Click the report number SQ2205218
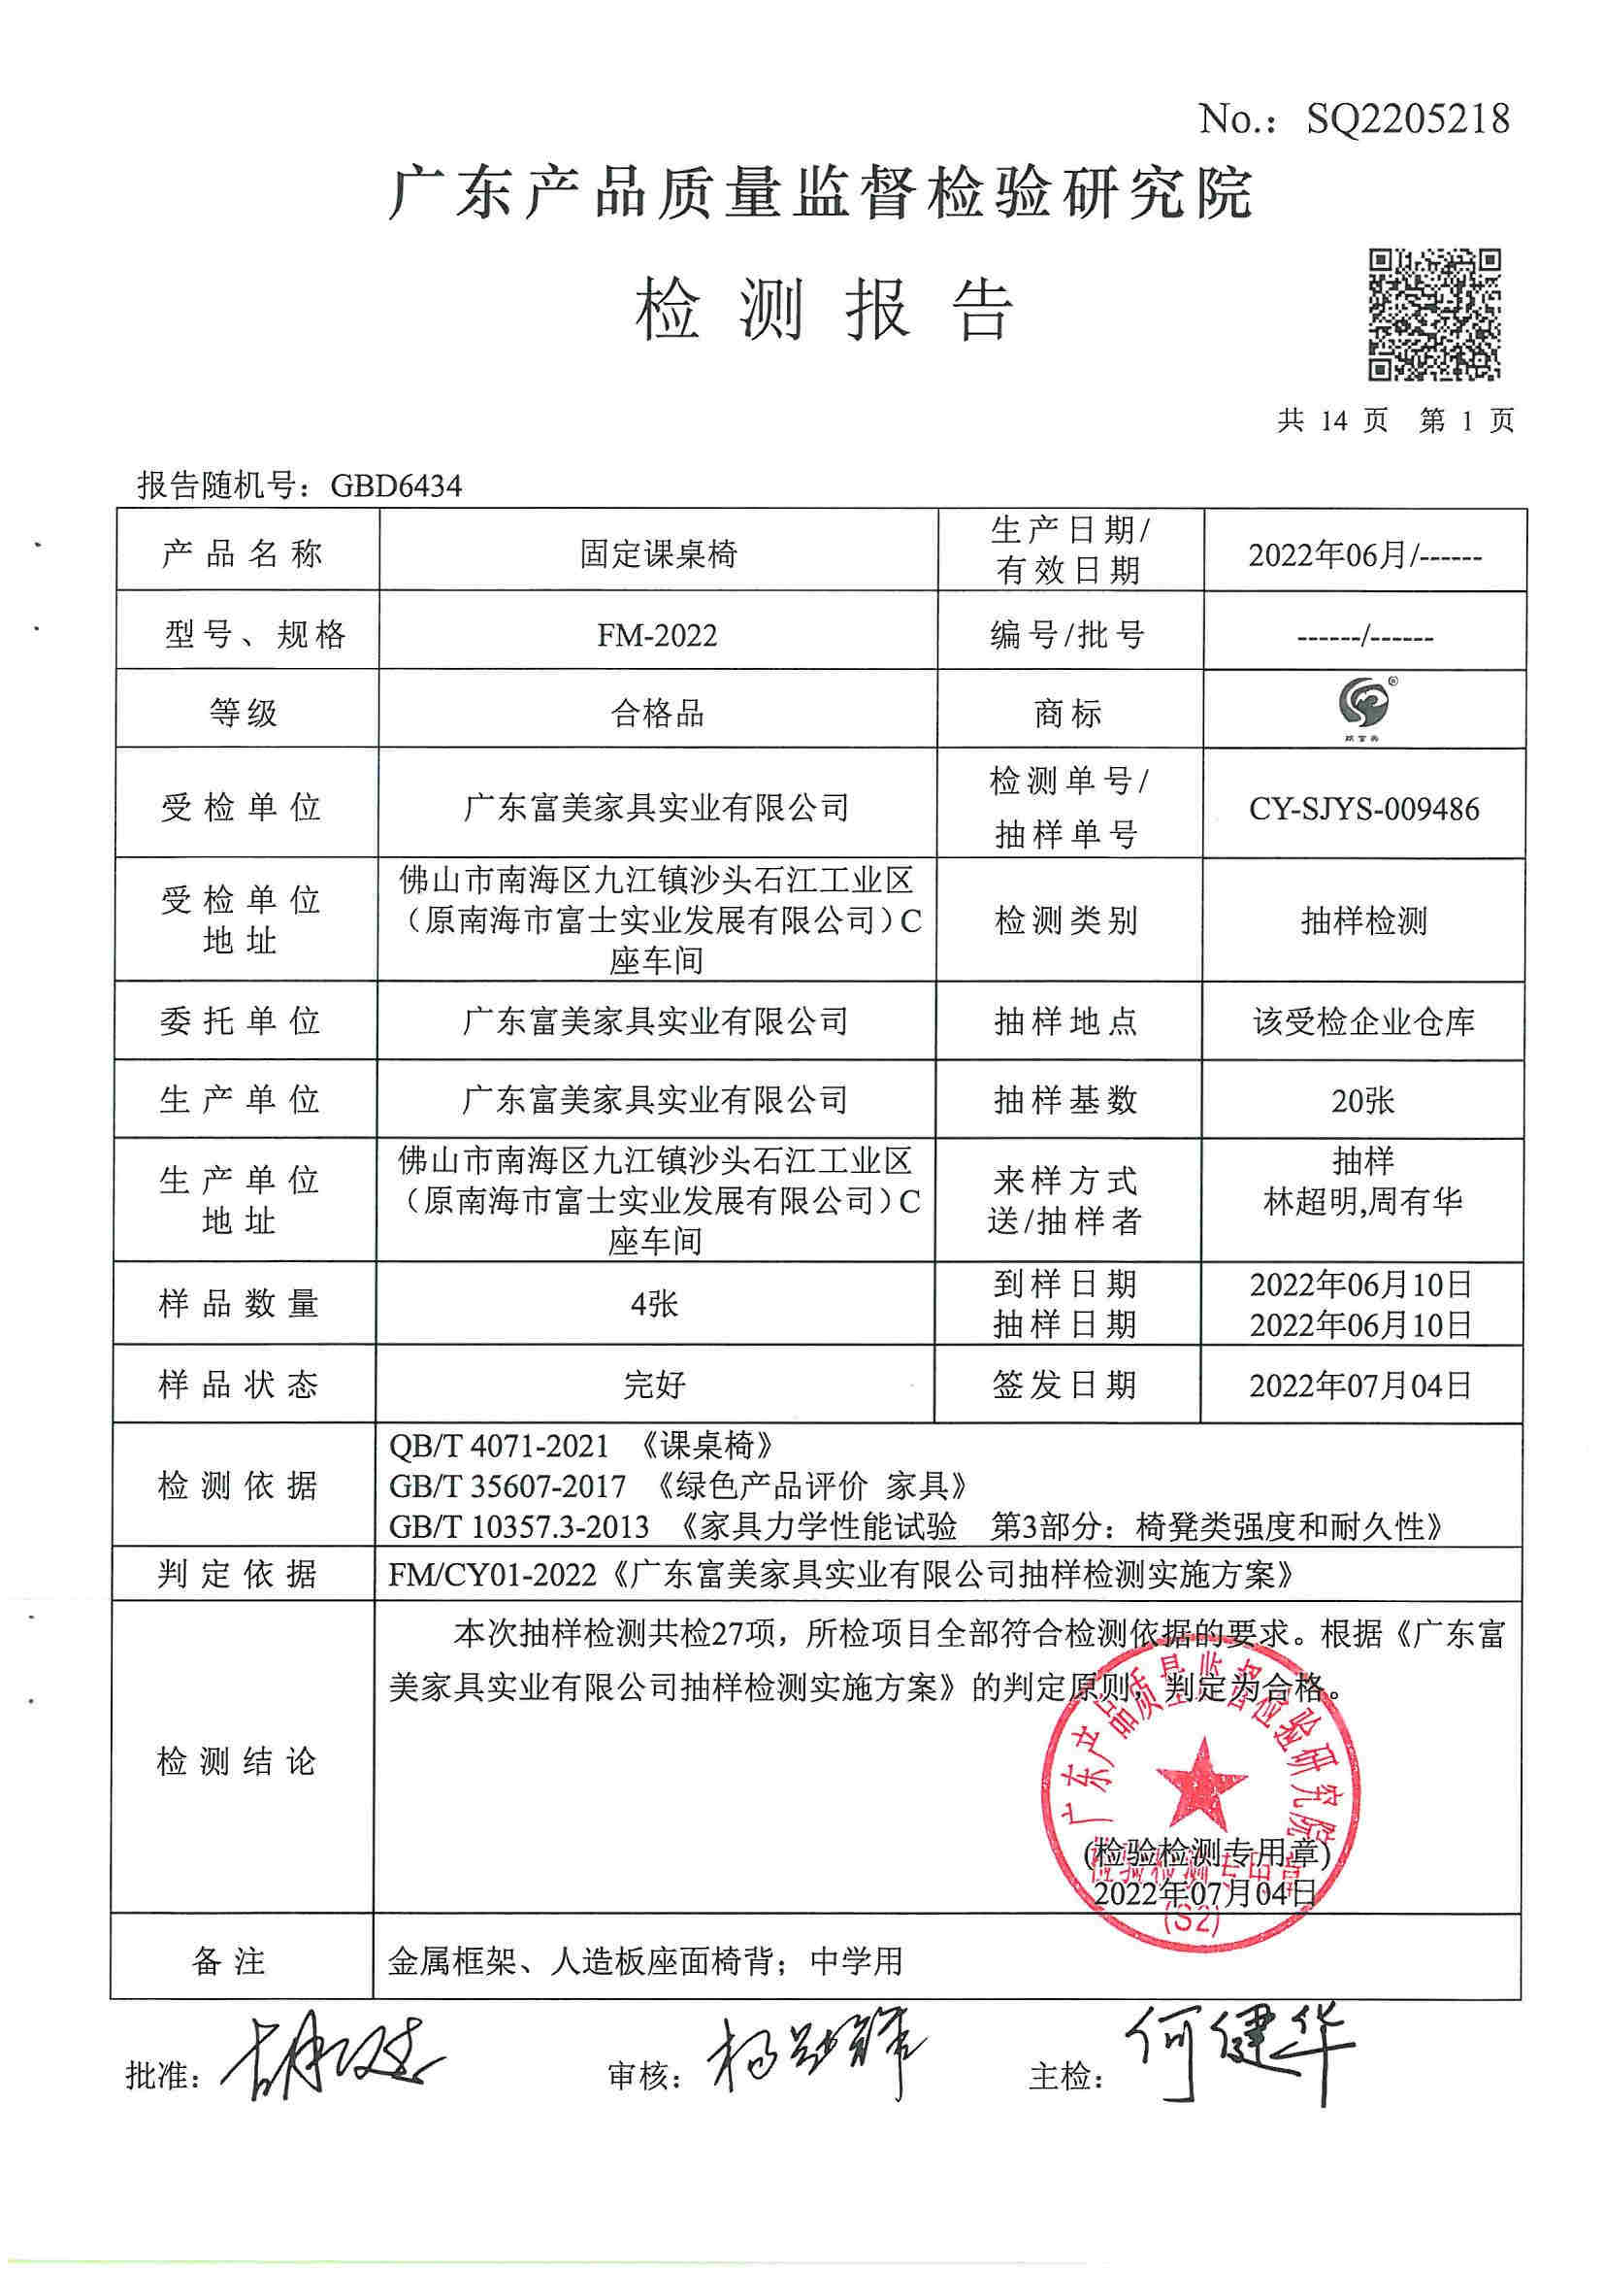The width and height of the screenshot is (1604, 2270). tap(1407, 120)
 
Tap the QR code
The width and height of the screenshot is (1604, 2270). tap(1434, 315)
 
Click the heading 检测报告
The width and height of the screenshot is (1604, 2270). tap(824, 309)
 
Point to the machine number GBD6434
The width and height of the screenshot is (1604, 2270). tap(395, 485)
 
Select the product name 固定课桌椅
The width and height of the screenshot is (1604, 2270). tap(658, 553)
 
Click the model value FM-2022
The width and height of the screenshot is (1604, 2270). tap(657, 635)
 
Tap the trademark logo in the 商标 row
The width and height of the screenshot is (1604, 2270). tap(1364, 706)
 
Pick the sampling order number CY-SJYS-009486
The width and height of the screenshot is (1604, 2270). tap(1364, 809)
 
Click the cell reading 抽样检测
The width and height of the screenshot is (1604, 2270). tap(1364, 921)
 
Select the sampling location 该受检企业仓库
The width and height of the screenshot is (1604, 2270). tap(1364, 1021)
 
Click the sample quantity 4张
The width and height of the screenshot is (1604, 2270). tap(654, 1304)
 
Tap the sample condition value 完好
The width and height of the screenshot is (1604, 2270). tap(654, 1385)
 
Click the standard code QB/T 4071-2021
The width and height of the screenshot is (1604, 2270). tap(499, 1447)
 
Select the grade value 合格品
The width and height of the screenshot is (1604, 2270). tap(657, 713)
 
